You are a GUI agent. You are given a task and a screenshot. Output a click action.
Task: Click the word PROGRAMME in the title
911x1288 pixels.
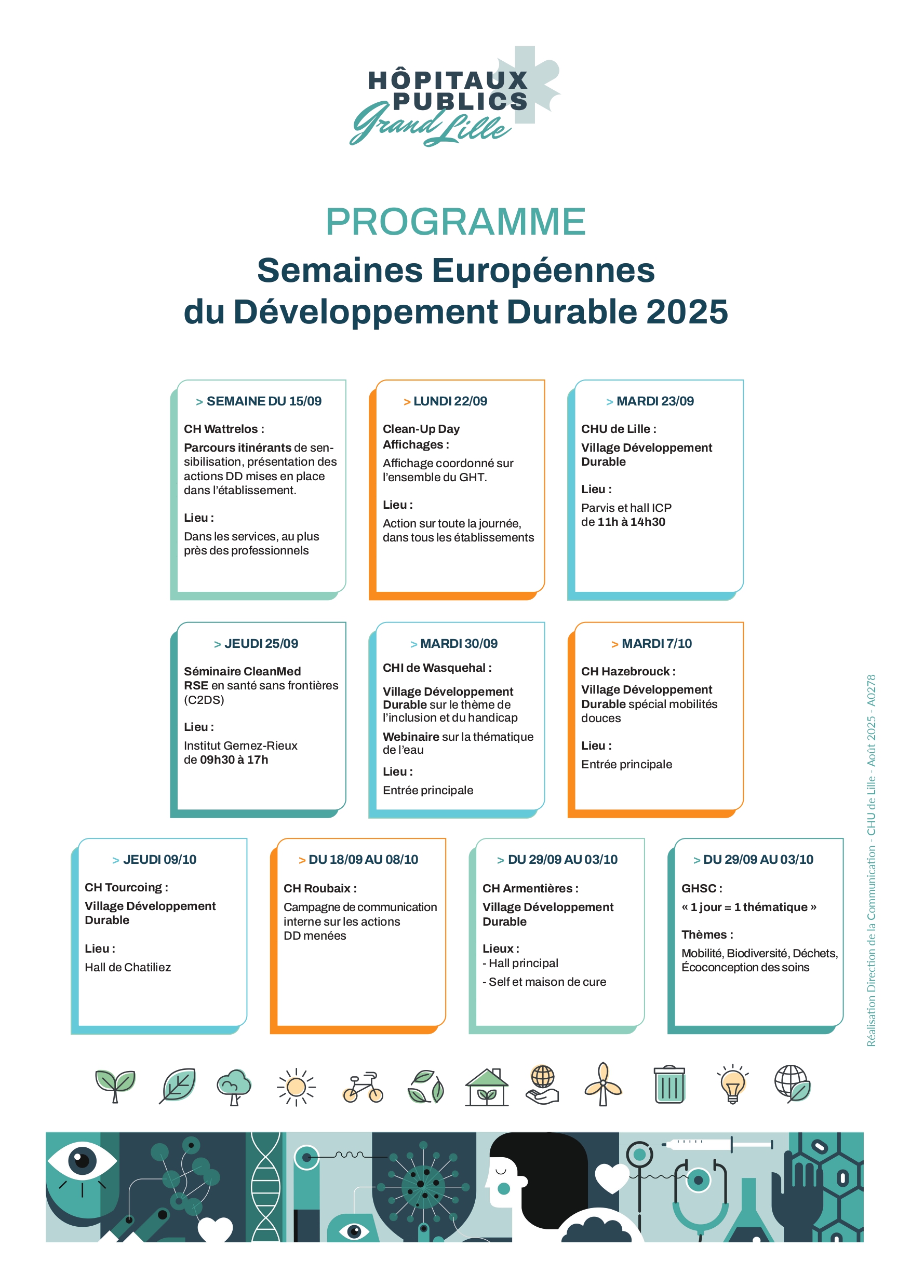point(455,222)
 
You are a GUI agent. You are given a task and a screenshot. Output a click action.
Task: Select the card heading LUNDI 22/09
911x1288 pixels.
point(450,401)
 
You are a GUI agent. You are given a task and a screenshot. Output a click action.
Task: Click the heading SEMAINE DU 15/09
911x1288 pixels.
point(263,401)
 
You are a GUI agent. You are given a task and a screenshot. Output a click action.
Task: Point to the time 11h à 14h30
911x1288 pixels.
point(631,522)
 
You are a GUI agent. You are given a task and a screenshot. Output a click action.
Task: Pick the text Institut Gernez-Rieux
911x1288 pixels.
point(240,745)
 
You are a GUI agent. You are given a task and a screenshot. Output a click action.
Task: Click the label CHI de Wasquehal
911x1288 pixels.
point(437,668)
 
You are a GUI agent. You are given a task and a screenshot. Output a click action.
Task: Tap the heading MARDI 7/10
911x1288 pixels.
point(656,643)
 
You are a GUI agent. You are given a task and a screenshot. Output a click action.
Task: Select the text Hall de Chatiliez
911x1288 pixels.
point(127,967)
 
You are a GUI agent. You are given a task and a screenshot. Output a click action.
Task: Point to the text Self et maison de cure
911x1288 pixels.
point(547,982)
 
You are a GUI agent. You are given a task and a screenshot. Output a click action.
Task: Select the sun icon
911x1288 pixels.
point(296,1087)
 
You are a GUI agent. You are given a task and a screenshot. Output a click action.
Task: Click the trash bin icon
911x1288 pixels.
point(669,1085)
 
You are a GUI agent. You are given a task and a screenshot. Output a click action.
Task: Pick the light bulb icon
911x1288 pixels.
point(732,1085)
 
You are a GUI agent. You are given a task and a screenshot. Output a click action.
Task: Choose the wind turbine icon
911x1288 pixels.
point(604,1085)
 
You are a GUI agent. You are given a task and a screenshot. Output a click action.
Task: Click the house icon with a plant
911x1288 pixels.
point(487,1087)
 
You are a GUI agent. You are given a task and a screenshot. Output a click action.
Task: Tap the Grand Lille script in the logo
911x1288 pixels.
point(430,125)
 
